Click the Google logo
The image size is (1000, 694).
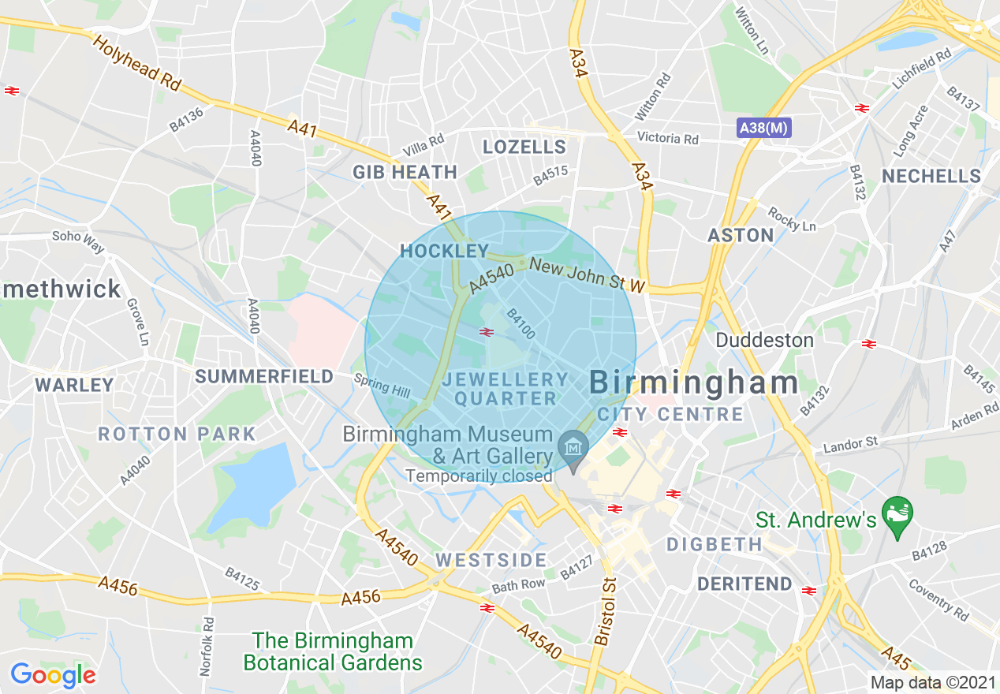[53, 675]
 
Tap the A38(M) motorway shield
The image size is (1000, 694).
[763, 128]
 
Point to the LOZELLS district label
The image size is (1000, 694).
[524, 147]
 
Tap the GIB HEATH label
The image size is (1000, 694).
[405, 172]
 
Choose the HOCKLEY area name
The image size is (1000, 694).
[445, 251]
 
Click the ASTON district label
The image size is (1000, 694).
[741, 235]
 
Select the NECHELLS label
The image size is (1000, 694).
[931, 176]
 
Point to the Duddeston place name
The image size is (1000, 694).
[764, 340]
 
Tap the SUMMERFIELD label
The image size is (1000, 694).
[265, 377]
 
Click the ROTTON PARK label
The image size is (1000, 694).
[177, 434]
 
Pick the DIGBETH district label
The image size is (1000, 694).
[715, 544]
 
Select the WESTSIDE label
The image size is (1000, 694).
[491, 560]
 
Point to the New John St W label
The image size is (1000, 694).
[588, 277]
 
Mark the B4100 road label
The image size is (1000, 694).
[521, 323]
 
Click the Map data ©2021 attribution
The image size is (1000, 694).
[932, 682]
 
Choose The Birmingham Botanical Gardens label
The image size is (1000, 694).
[333, 651]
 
